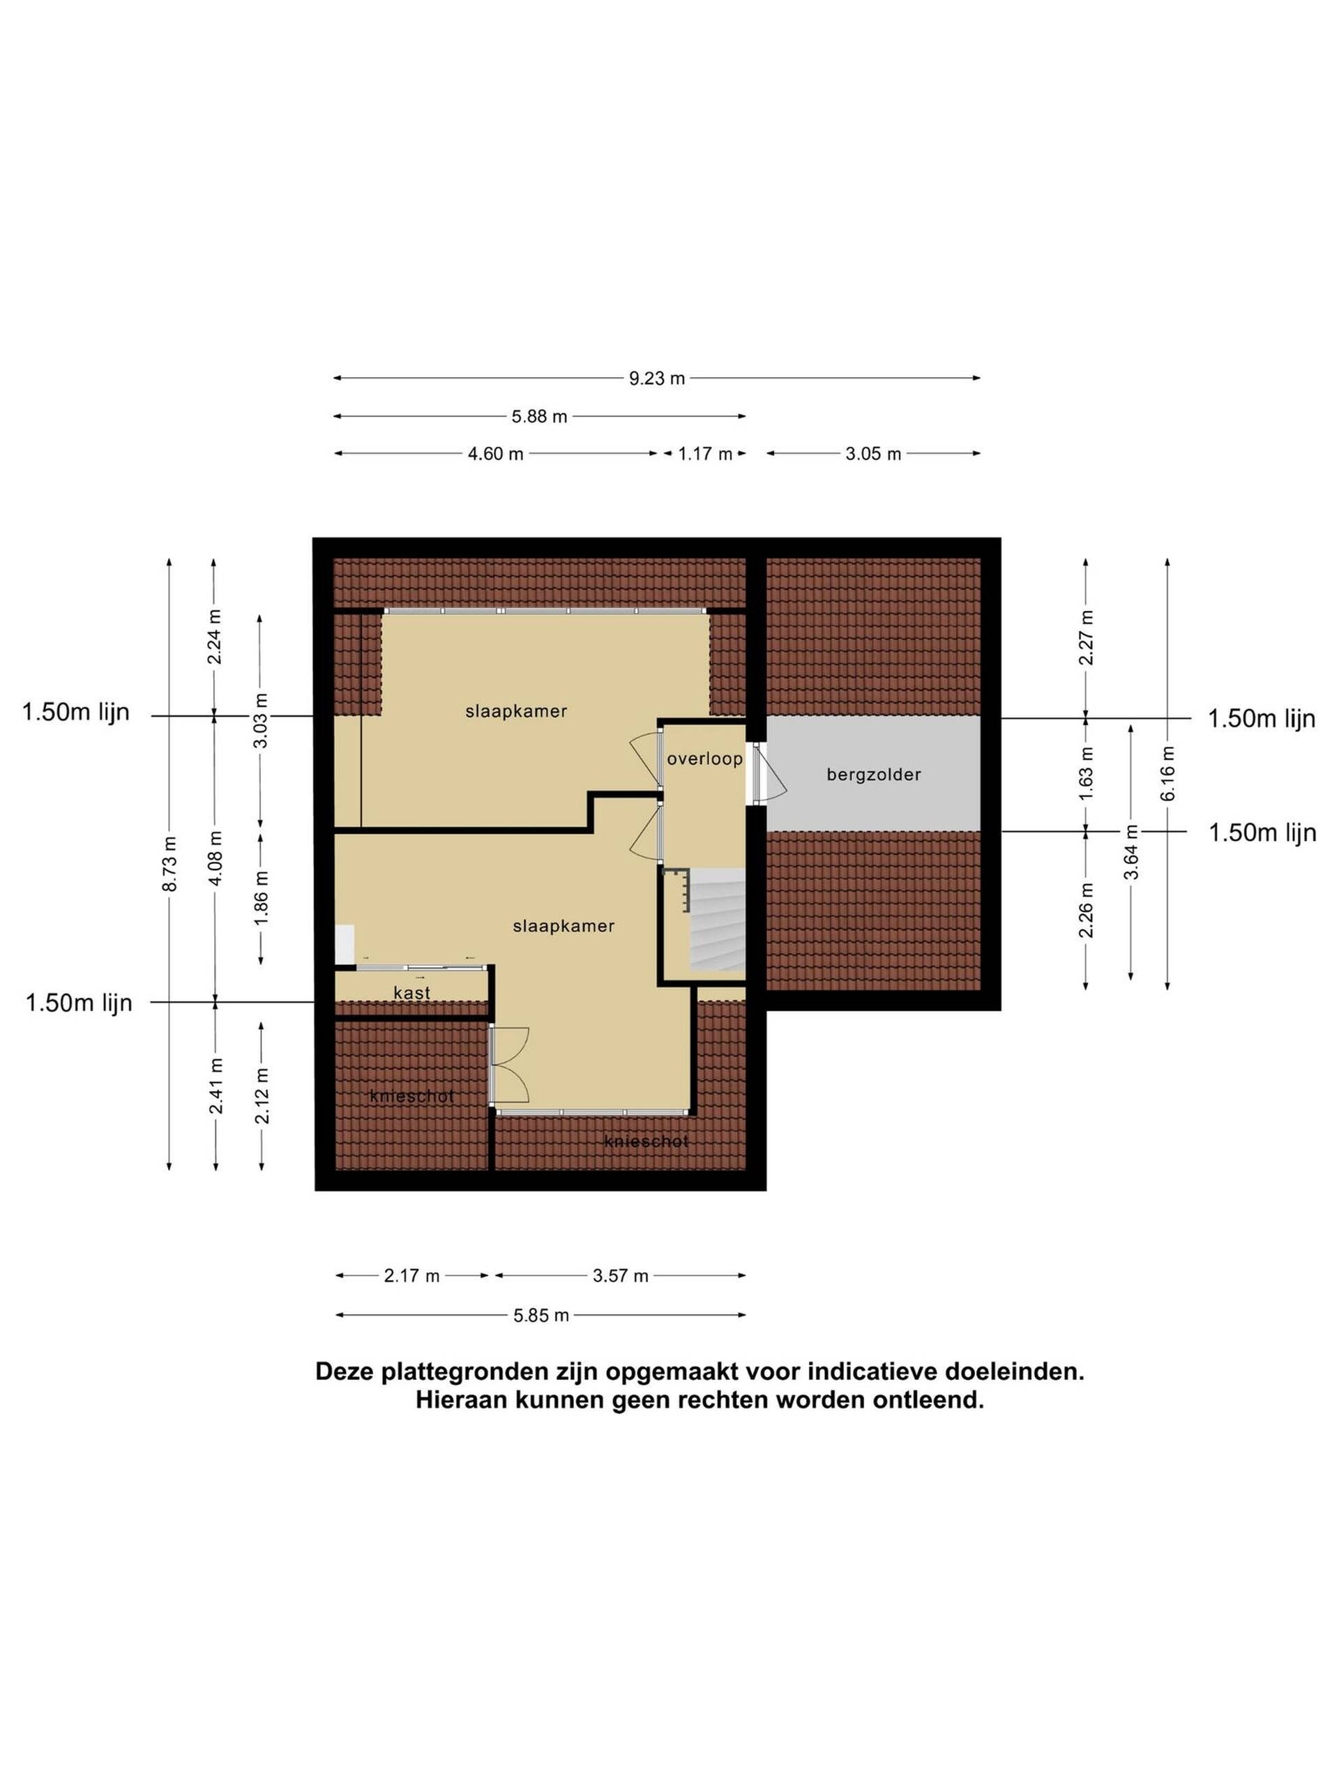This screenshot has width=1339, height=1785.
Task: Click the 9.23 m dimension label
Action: point(656,379)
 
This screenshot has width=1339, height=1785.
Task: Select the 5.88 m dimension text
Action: point(539,416)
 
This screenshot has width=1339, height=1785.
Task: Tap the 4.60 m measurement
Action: point(496,453)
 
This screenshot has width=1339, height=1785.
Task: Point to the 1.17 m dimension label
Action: point(704,453)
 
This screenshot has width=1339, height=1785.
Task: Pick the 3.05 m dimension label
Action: point(873,453)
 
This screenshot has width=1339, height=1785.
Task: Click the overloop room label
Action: point(704,759)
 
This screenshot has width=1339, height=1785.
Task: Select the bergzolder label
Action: point(873,775)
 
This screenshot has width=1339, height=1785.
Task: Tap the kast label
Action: point(411,993)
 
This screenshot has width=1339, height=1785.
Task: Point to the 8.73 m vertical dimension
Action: point(169,863)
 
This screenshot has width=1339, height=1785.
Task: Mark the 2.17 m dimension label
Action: point(411,1276)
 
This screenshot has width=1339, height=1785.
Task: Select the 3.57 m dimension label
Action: point(620,1276)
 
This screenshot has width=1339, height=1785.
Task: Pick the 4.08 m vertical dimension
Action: point(215,858)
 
